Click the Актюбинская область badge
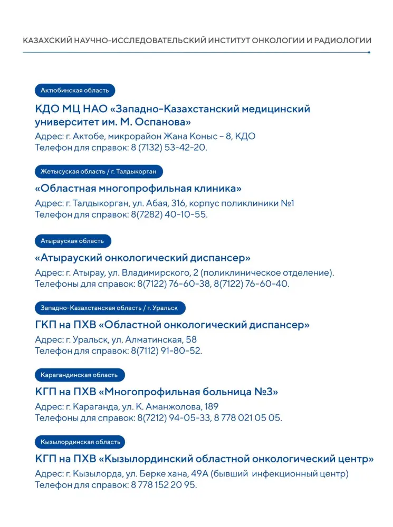click(x=75, y=91)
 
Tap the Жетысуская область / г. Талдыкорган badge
click(x=99, y=172)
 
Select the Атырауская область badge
click(x=73, y=241)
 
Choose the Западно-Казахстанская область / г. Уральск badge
click(x=109, y=308)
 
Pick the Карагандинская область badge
click(x=79, y=375)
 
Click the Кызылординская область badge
click(x=79, y=442)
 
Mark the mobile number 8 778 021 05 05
click(x=249, y=418)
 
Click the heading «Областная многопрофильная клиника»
click(x=138, y=189)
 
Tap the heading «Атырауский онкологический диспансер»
click(x=142, y=258)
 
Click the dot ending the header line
click(x=369, y=52)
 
